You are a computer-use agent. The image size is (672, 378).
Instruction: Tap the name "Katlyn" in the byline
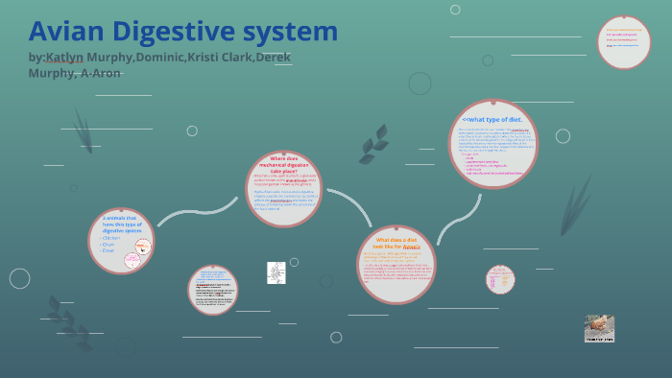point(65,58)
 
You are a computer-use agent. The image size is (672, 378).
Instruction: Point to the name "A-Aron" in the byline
point(100,73)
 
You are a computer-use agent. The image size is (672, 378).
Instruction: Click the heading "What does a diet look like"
point(396,243)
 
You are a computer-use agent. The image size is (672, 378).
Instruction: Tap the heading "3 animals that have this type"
point(121,224)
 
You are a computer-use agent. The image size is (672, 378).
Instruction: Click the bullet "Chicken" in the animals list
point(111,238)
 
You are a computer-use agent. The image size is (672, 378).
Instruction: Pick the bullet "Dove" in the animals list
point(108,250)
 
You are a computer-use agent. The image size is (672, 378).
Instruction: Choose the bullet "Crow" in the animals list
point(108,245)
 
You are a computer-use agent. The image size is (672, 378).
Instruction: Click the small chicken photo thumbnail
point(599,329)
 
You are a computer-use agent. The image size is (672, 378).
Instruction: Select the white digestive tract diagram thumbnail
point(276,272)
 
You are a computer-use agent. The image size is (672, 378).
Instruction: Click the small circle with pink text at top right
point(623,42)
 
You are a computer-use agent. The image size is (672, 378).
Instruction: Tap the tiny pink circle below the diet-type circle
point(500,279)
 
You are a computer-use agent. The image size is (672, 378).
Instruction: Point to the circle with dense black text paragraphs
point(212,290)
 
